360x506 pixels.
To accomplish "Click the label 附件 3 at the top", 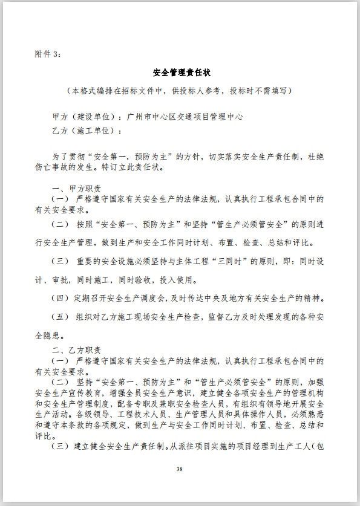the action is [48, 54].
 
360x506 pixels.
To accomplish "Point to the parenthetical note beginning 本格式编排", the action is [180, 91].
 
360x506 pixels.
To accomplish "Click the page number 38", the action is [180, 469].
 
